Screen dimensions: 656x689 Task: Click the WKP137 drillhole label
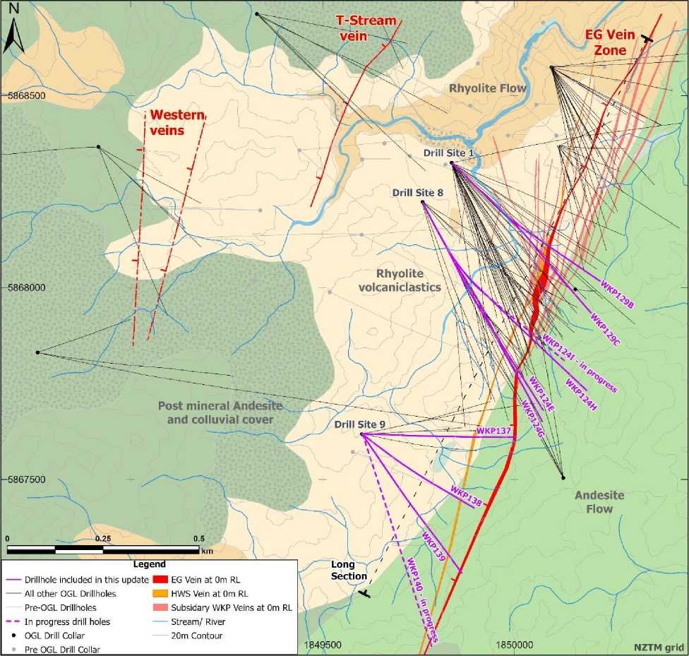click(x=493, y=430)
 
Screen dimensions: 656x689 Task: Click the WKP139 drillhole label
click(x=433, y=547)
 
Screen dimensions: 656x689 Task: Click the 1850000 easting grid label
click(x=514, y=644)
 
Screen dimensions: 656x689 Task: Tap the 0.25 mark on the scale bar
click(x=103, y=538)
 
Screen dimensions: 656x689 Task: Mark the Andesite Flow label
click(x=598, y=501)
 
